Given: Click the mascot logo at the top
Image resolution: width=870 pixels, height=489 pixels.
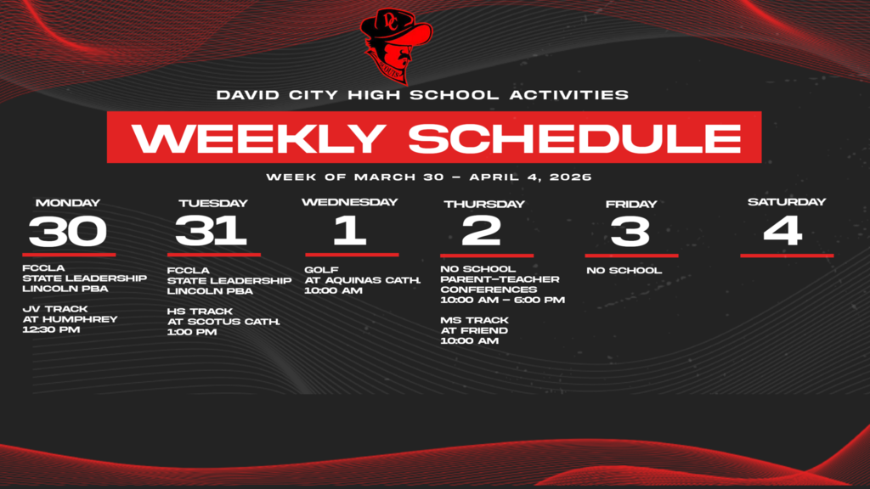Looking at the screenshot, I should pyautogui.click(x=396, y=44).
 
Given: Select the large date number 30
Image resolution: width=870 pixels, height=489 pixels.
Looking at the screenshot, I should pyautogui.click(x=68, y=231).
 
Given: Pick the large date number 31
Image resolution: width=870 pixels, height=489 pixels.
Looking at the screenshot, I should pyautogui.click(x=212, y=231).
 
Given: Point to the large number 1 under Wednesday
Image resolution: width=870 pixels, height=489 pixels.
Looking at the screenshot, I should pyautogui.click(x=349, y=230).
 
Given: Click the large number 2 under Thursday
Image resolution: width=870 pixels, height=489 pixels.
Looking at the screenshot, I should pyautogui.click(x=482, y=231).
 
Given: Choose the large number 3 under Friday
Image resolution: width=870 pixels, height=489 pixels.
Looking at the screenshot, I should pyautogui.click(x=630, y=231).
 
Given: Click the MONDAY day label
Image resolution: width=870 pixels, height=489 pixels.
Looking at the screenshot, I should pyautogui.click(x=68, y=203).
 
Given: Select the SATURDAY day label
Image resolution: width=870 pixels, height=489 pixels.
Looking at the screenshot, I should pyautogui.click(x=786, y=202).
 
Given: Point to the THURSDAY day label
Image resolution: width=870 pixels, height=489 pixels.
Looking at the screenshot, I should pyautogui.click(x=484, y=204).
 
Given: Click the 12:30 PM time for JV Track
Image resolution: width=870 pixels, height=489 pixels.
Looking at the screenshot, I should pyautogui.click(x=51, y=330).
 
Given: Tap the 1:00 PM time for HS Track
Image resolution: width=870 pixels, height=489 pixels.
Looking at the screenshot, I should pyautogui.click(x=192, y=332).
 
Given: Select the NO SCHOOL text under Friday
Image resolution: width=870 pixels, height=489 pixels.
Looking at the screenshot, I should pyautogui.click(x=624, y=271).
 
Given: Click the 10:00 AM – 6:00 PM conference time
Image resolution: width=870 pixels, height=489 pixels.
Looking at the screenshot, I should pyautogui.click(x=502, y=300).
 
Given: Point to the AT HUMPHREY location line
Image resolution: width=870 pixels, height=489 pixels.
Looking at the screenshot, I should pyautogui.click(x=70, y=319).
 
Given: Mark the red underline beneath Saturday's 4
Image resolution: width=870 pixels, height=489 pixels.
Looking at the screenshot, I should pyautogui.click(x=787, y=255).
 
